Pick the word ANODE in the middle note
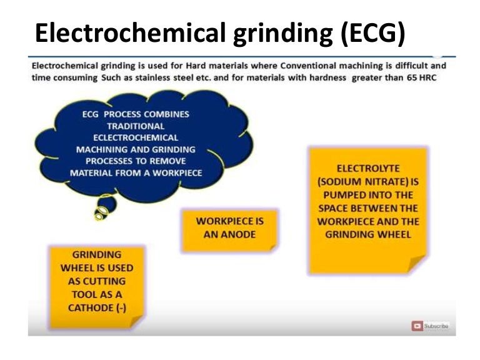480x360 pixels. coord(237,233)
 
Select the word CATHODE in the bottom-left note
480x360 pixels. coord(91,307)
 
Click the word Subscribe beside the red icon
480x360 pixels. coord(436,326)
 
